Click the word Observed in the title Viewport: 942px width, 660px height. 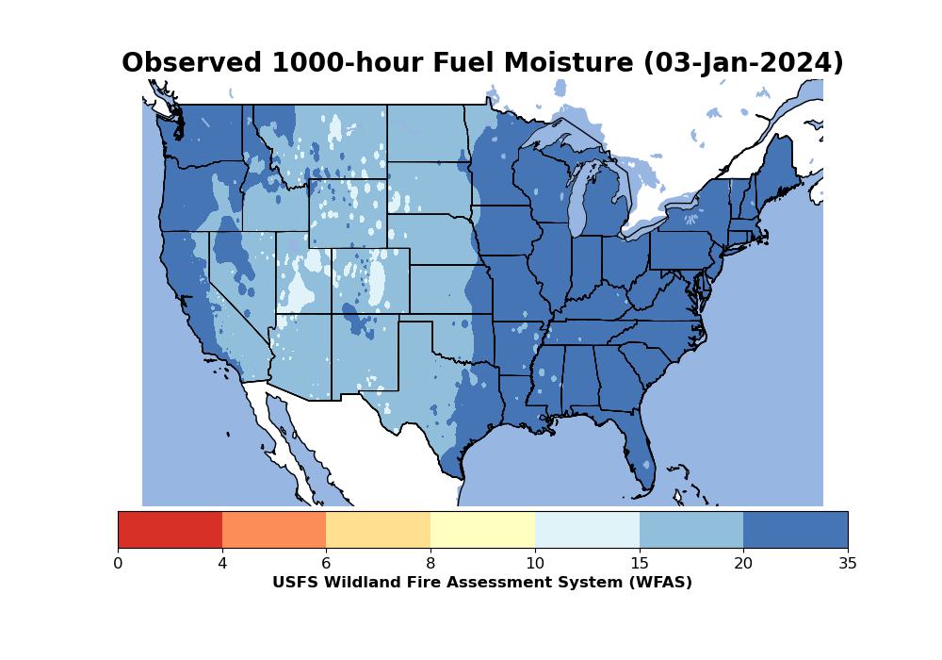pyautogui.click(x=191, y=62)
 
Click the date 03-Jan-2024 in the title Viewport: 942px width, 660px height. pyautogui.click(x=743, y=63)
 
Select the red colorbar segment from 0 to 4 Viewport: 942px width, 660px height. pyautogui.click(x=170, y=530)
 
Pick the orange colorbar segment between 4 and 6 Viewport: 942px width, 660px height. pyautogui.click(x=274, y=530)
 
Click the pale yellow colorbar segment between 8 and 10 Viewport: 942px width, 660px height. pyautogui.click(x=482, y=530)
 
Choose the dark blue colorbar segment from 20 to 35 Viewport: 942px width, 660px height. pyautogui.click(x=795, y=530)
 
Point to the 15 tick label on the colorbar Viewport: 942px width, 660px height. pyautogui.click(x=640, y=563)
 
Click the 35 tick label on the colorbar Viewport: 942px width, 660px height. pyautogui.click(x=848, y=563)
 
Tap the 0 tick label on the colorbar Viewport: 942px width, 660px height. pyautogui.click(x=118, y=563)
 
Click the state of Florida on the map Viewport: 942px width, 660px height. pyautogui.click(x=637, y=445)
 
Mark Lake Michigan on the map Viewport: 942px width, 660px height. pyautogui.click(x=578, y=198)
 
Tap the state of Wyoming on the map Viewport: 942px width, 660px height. pyautogui.click(x=348, y=213)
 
